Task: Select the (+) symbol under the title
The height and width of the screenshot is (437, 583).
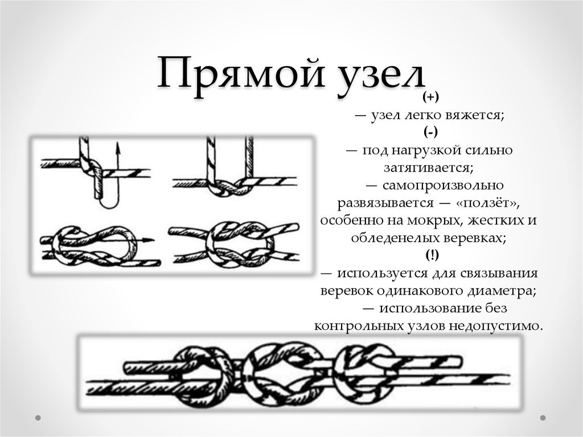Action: click(430, 97)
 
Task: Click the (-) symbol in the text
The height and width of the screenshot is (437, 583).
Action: click(430, 132)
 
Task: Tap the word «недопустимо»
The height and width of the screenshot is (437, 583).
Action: click(496, 326)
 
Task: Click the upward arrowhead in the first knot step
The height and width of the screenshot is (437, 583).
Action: click(118, 148)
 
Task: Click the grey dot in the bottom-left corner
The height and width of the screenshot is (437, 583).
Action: click(38, 418)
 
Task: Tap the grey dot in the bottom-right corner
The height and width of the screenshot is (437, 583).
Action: click(543, 418)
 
